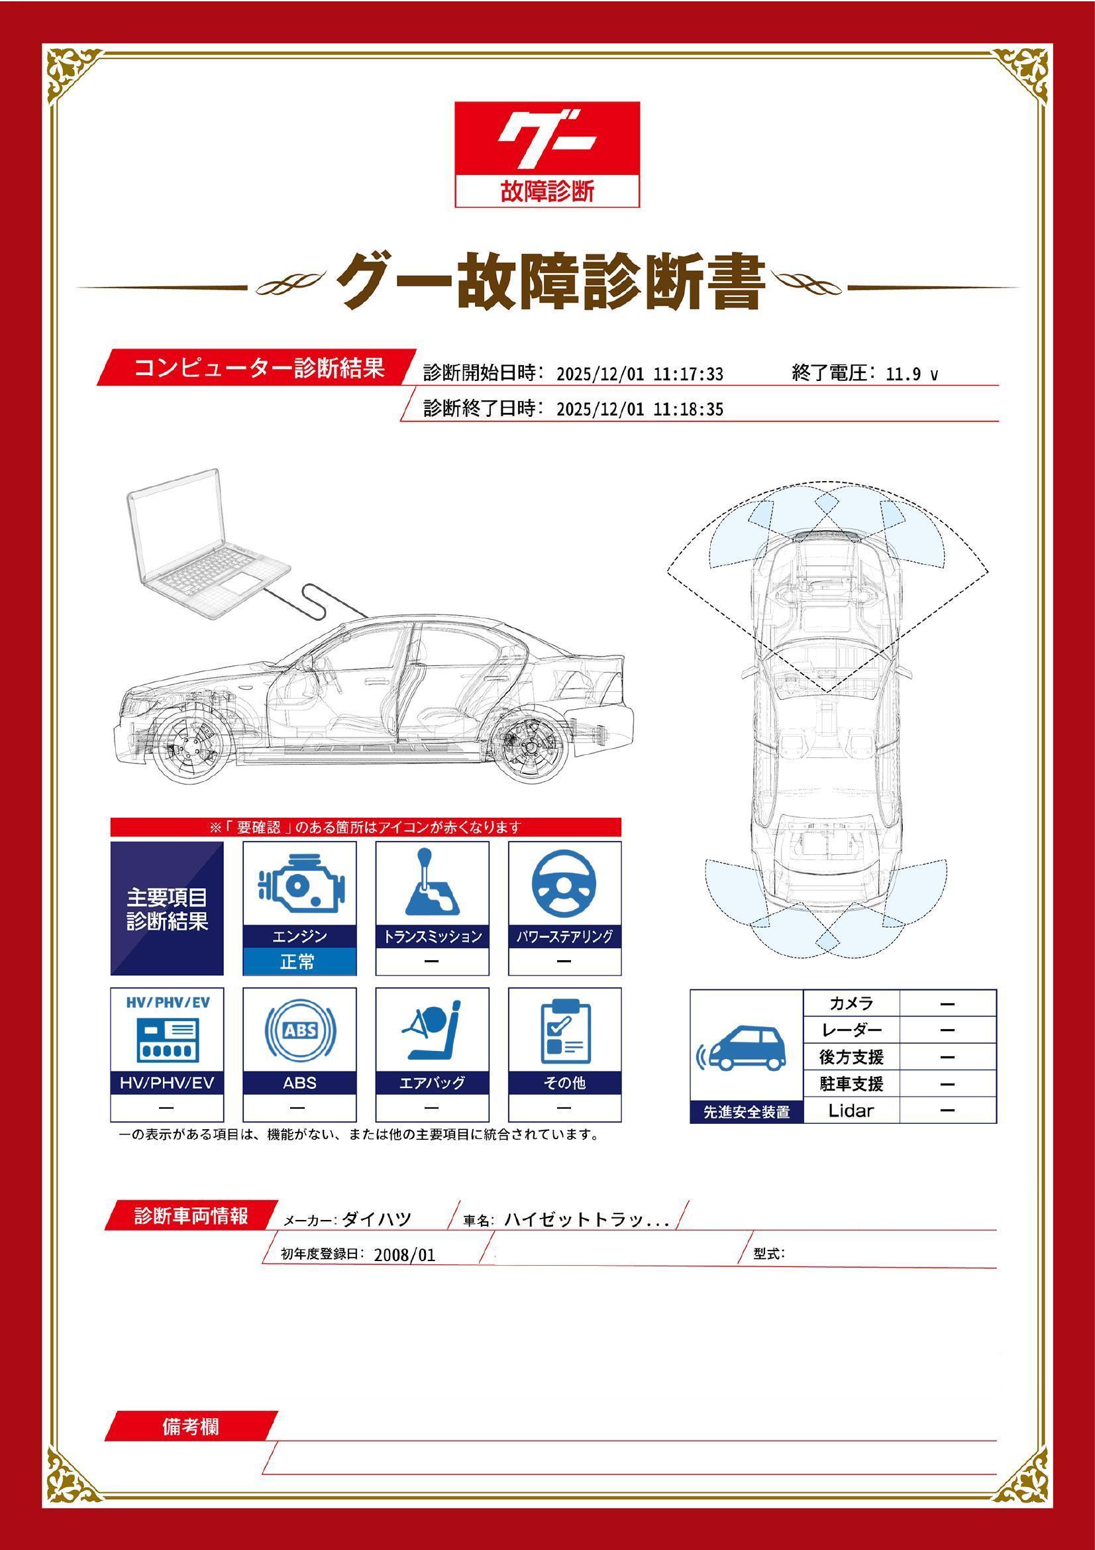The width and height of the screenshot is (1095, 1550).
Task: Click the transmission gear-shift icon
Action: (x=432, y=881)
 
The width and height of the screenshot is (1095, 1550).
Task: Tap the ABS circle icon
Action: (x=299, y=1030)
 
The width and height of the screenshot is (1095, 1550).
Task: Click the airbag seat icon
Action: (x=432, y=1030)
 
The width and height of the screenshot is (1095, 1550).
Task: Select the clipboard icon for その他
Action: (x=564, y=1030)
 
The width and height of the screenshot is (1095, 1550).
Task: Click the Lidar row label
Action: (x=851, y=1111)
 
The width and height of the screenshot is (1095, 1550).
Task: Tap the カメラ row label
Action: (x=851, y=1003)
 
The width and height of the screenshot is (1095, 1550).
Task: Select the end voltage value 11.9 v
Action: (x=912, y=374)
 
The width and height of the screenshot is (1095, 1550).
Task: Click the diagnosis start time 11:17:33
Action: (x=688, y=374)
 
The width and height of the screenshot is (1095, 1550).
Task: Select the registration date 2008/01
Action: (x=404, y=1255)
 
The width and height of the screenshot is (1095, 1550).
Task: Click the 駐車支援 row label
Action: (x=851, y=1083)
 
